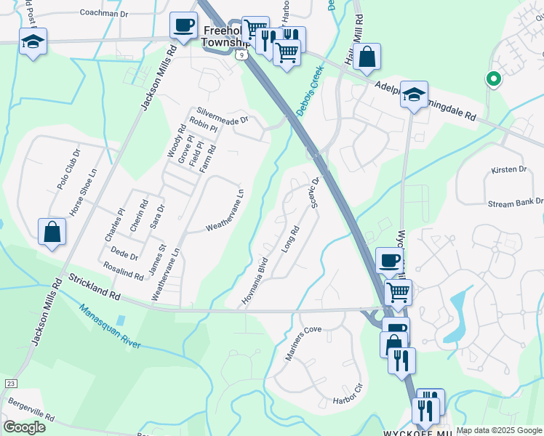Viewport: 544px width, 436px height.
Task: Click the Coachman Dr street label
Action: click(103, 13)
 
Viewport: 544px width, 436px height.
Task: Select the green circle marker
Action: click(493, 79)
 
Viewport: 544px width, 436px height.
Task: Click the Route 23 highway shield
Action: click(10, 382)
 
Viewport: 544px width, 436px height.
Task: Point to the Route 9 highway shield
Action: click(248, 54)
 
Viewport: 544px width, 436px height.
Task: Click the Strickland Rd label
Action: click(95, 287)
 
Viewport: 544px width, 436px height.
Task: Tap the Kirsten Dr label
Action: click(508, 169)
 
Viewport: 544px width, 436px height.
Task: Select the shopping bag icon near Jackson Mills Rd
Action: click(52, 233)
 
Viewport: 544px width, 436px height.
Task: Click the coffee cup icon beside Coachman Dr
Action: click(183, 25)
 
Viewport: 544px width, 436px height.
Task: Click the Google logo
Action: click(25, 427)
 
